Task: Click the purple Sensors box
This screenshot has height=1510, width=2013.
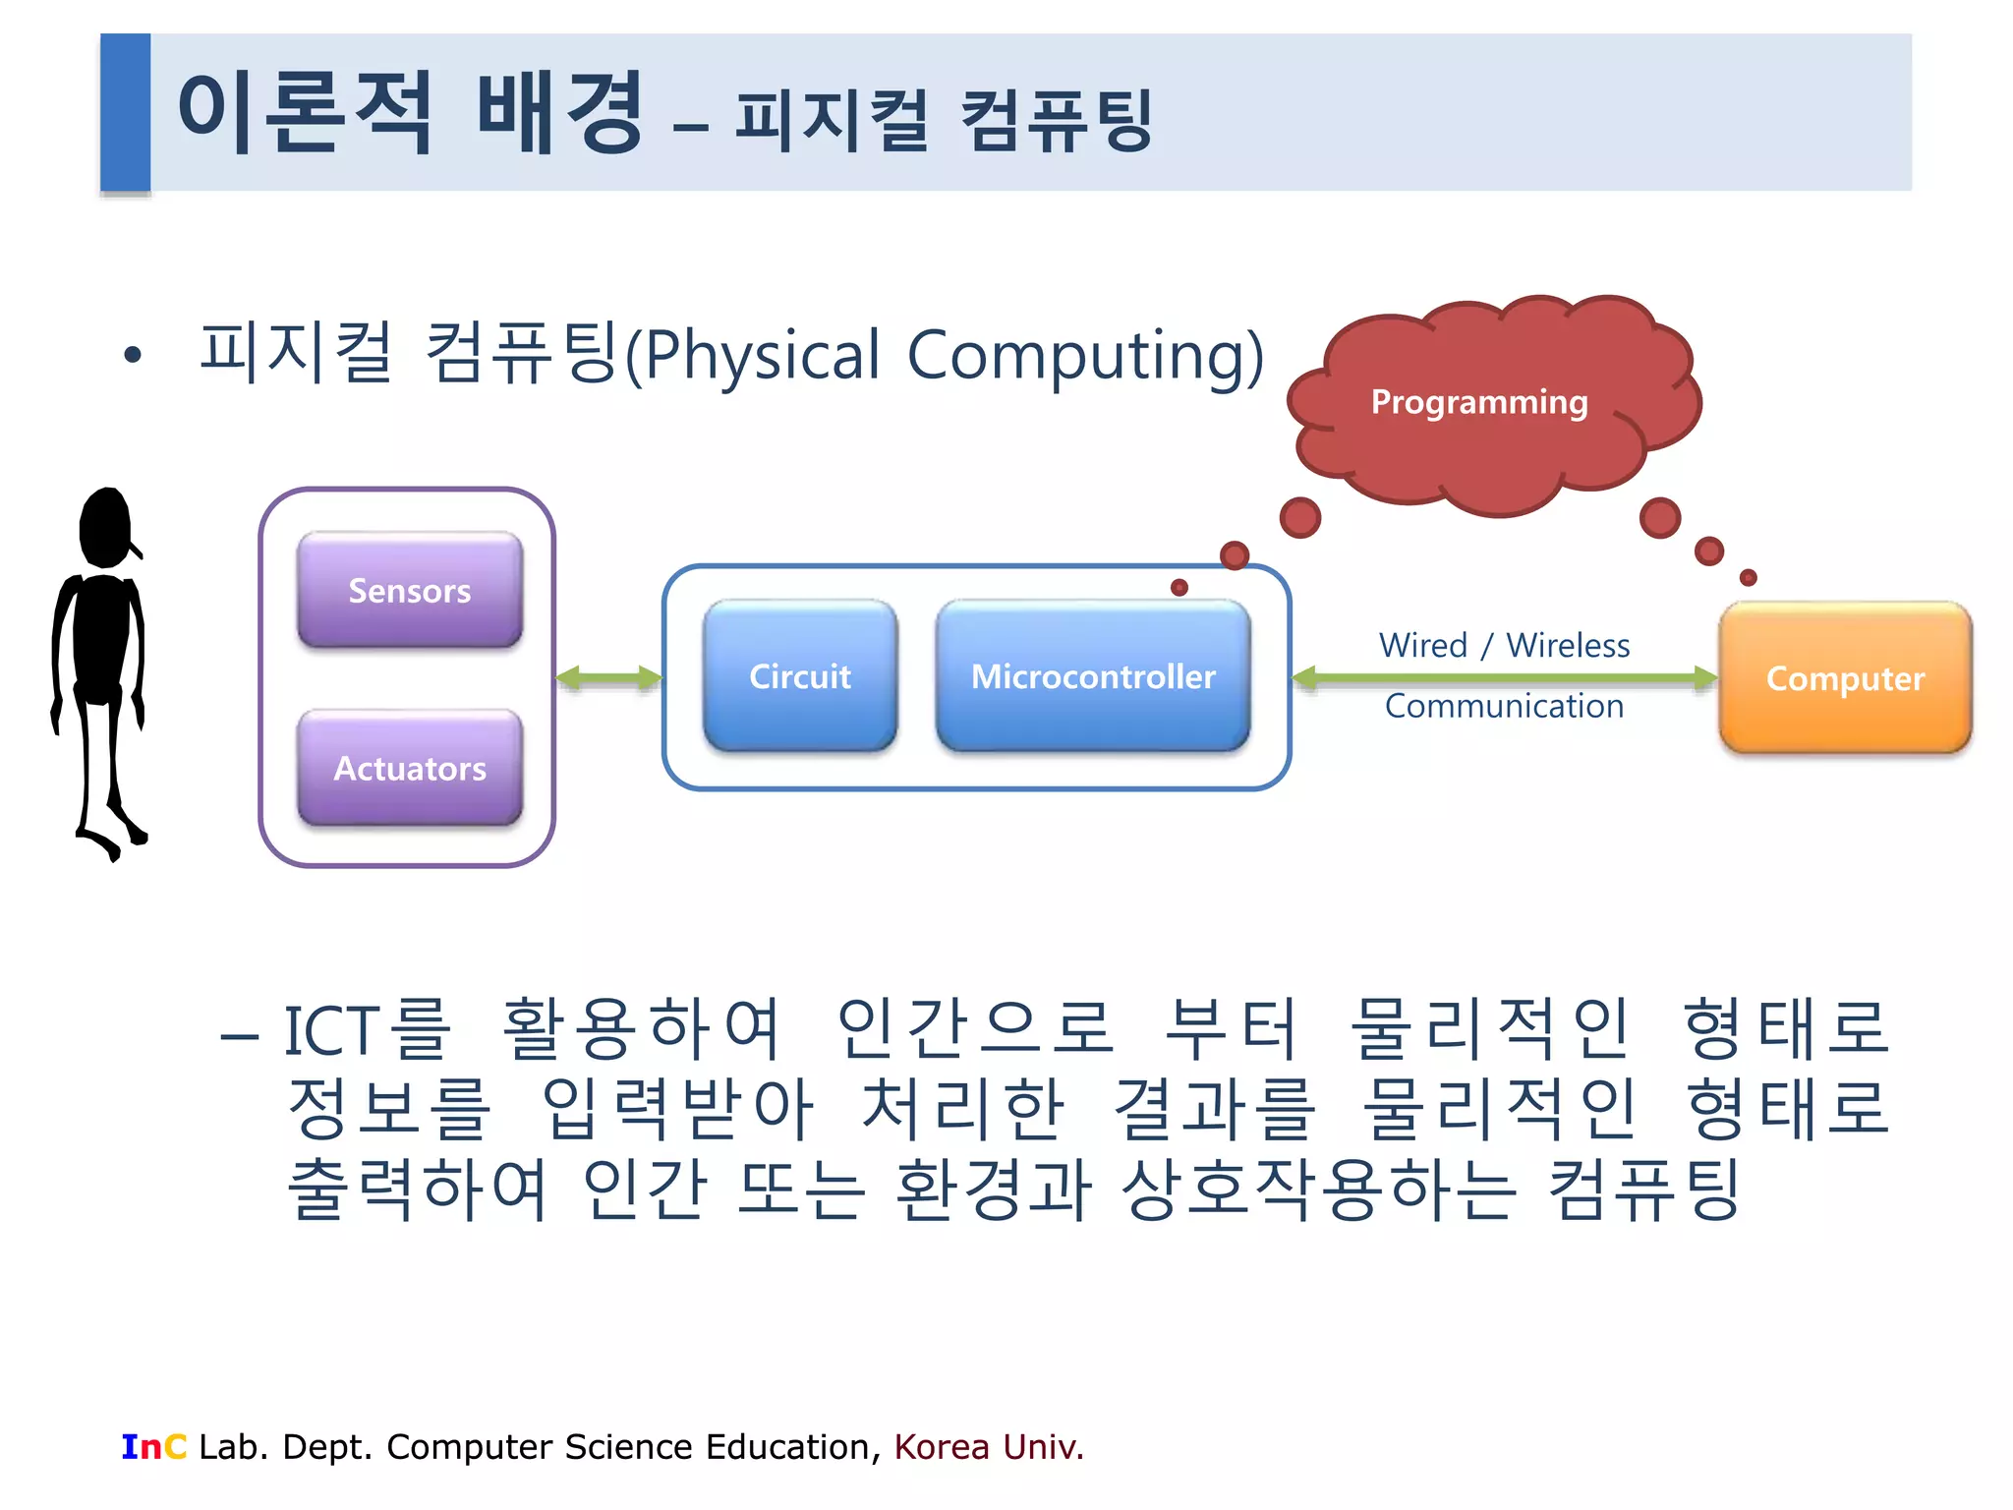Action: tap(410, 590)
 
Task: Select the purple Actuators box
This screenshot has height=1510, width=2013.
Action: tap(410, 768)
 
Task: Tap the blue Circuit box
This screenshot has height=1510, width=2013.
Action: tap(800, 676)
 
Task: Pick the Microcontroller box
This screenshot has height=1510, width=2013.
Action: tap(1093, 676)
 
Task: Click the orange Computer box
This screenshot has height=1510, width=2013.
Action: tap(1845, 678)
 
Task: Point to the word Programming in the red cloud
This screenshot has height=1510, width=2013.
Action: tap(1479, 402)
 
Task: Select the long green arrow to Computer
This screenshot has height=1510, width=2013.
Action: tap(1504, 676)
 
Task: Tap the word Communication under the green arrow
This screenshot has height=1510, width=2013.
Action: tap(1504, 706)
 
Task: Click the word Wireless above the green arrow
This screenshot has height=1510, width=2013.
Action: tap(1568, 646)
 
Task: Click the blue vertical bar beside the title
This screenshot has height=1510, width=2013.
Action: tap(126, 112)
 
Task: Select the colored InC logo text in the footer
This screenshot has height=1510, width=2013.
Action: tap(153, 1447)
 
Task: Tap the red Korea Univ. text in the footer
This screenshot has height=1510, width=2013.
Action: tap(988, 1447)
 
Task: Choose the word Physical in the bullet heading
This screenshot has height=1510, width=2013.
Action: tap(762, 356)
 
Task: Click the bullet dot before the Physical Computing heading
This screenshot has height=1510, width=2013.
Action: tap(133, 356)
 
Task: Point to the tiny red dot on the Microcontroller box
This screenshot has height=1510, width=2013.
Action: tap(1179, 588)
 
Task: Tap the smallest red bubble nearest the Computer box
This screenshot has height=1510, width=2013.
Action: tap(1748, 578)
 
